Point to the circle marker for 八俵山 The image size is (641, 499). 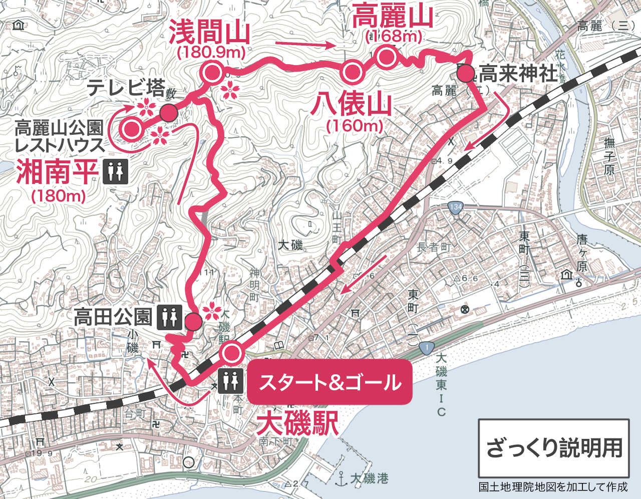pos(352,72)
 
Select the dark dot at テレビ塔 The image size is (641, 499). pos(168,113)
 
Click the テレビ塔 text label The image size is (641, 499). pos(126,89)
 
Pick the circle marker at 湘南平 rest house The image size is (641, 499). pos(132,129)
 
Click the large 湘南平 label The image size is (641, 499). pos(56,172)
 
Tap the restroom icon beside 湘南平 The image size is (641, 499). pos(115,172)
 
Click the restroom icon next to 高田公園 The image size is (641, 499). pos(169,317)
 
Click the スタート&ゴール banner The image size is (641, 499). pos(330,382)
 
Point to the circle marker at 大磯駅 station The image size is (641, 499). pos(231,353)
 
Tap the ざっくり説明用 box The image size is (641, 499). pos(553,447)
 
